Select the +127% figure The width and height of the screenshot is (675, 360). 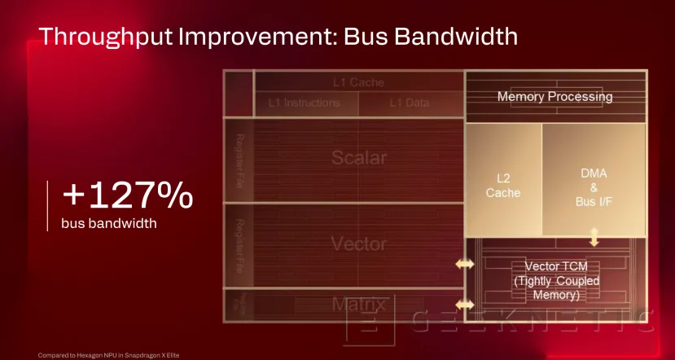point(128,196)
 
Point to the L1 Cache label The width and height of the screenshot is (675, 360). point(358,82)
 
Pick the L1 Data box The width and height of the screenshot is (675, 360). point(410,103)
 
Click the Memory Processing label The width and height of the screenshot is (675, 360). point(554,97)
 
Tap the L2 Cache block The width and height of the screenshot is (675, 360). point(502,184)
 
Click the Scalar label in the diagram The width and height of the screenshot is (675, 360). point(359,157)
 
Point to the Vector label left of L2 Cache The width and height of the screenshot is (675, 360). point(358,243)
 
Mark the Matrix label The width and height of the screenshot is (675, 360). point(358,305)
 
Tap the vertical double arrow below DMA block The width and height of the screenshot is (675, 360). point(594,237)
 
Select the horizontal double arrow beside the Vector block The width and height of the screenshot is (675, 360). point(464,265)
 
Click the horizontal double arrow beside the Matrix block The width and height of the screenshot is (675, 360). point(464,305)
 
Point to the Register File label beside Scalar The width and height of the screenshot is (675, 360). point(239,157)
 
